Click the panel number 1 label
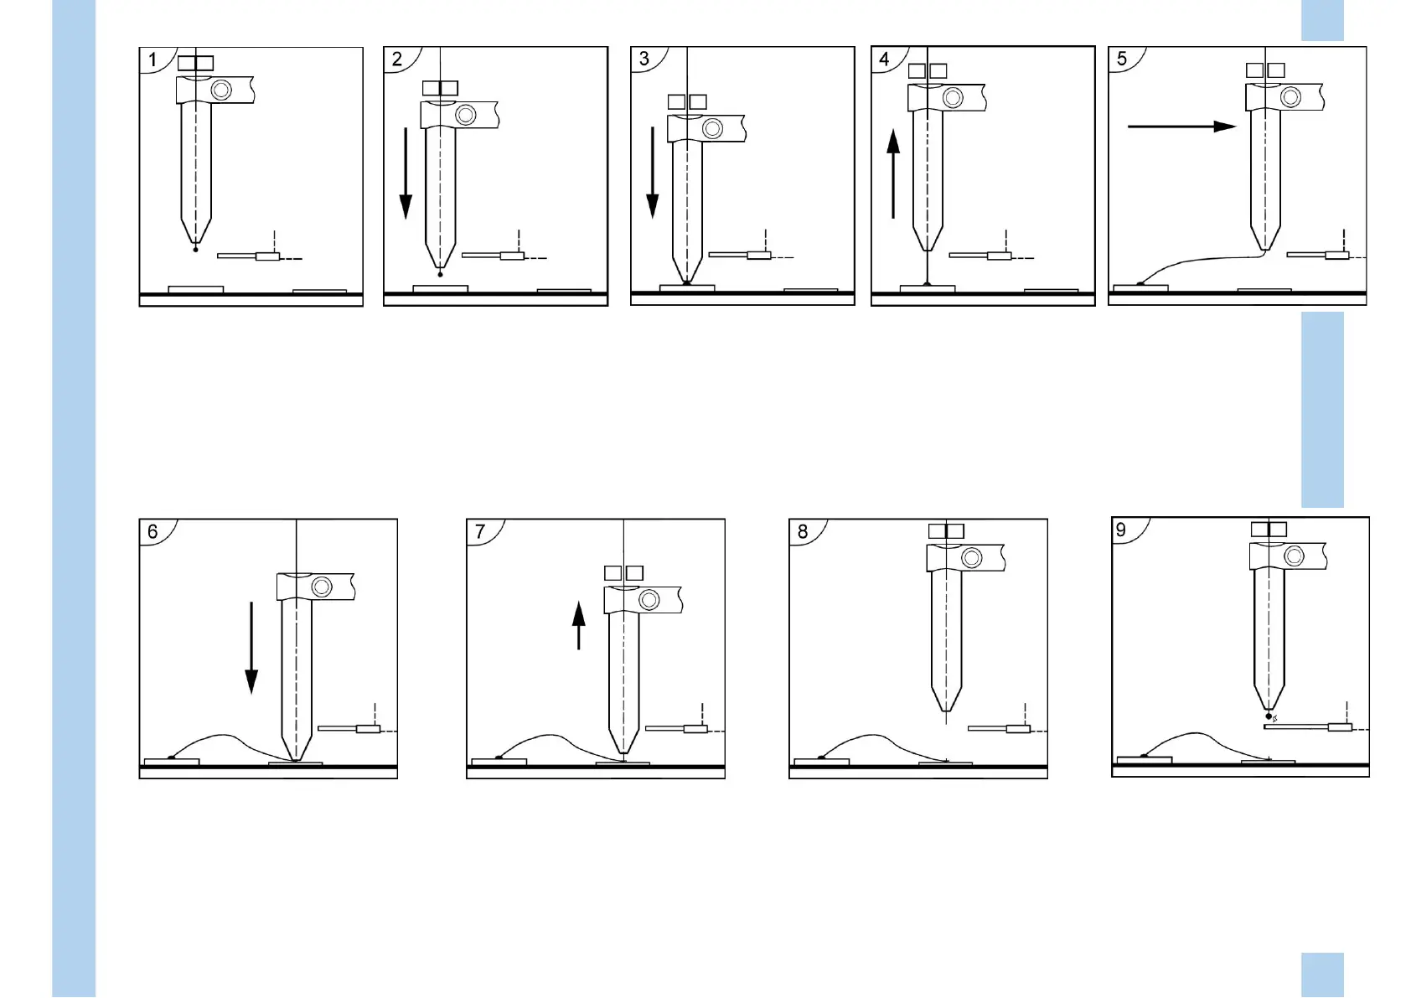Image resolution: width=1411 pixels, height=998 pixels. coord(152,59)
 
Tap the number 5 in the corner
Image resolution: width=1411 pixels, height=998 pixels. coord(1122,59)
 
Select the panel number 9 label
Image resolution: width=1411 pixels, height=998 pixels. coord(1121,530)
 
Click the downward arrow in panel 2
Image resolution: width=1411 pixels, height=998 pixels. coord(406,173)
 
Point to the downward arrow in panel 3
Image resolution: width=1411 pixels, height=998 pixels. coord(653,172)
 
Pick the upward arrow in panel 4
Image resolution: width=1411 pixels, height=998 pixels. coord(893,173)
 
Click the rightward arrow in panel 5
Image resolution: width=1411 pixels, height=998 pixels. coord(1181,127)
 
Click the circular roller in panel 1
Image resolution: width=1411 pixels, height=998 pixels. coord(221,90)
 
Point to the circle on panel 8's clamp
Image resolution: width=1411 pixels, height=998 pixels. coord(972,557)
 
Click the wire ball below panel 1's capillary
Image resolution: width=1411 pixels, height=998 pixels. coord(196,249)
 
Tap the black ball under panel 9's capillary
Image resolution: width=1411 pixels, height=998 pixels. coord(1269,716)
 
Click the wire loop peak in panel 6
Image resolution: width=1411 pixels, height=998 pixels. coord(220,736)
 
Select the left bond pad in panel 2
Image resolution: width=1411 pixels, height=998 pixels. coord(440,288)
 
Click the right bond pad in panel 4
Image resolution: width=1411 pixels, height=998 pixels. coord(1051,291)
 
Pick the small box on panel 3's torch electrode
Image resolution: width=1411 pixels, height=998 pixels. coord(758,255)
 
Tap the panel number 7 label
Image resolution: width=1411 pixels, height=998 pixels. coord(480,532)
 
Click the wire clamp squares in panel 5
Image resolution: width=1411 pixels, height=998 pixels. coord(1265,70)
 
